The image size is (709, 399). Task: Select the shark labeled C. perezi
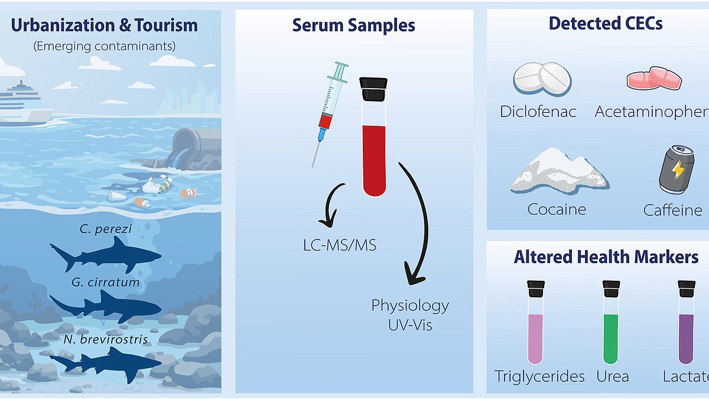tap(106, 254)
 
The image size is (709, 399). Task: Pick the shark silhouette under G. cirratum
tap(106, 306)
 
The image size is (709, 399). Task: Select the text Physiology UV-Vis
tap(410, 314)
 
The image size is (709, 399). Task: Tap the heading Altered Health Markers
tap(606, 257)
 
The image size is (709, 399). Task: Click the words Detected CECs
tap(606, 23)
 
